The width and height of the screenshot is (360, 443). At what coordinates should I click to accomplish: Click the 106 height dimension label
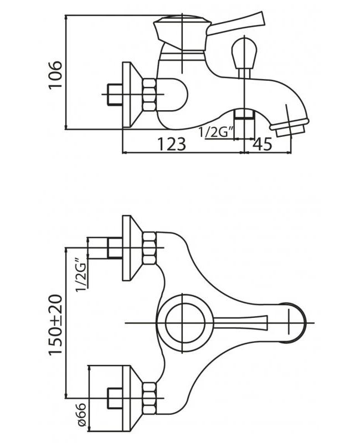point(55,75)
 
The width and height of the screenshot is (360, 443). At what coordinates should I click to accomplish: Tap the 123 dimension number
point(172,144)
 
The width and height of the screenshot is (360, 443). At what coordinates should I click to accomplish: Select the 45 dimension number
point(262,144)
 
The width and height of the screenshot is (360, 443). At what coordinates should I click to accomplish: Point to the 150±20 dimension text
point(55,324)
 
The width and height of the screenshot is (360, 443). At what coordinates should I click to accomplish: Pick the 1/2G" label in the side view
point(217,132)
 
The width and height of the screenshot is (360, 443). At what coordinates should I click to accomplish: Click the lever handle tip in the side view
point(263,18)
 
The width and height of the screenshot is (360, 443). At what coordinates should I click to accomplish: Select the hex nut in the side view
point(149,95)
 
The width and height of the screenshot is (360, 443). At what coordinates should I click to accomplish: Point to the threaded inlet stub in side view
point(115,95)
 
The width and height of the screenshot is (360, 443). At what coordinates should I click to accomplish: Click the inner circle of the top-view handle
point(185,323)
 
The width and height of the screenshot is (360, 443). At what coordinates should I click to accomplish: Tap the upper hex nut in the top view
point(149,248)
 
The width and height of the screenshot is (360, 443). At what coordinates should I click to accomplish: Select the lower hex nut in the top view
point(149,398)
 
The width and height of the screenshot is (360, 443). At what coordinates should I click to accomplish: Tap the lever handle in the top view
point(240,323)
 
